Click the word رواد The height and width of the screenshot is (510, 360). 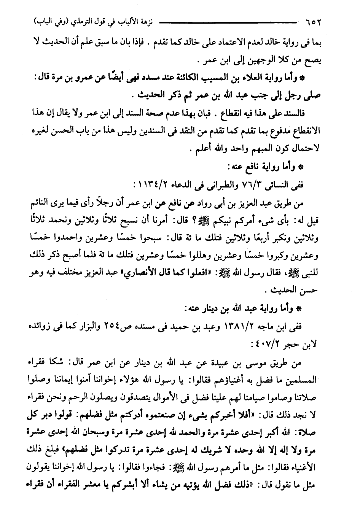click(x=199, y=203)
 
